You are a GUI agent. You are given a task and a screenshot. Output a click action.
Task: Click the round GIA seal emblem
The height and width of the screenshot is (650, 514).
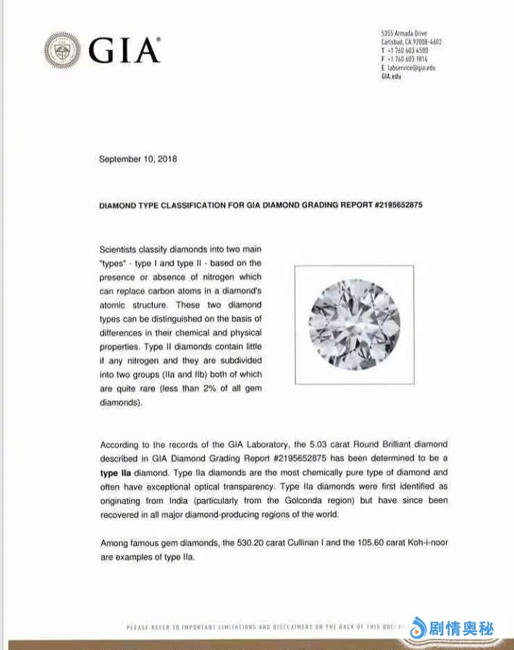click(x=62, y=50)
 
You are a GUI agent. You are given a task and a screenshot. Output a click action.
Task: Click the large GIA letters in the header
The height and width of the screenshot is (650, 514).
click(x=124, y=51)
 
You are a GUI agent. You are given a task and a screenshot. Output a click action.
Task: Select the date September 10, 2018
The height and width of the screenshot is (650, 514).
click(x=138, y=159)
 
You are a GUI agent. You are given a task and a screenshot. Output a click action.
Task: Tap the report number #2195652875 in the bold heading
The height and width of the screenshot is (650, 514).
click(x=398, y=205)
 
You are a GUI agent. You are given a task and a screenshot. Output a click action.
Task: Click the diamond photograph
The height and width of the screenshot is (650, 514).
click(x=354, y=324)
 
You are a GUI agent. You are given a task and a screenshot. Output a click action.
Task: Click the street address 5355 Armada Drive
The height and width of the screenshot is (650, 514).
click(x=404, y=34)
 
